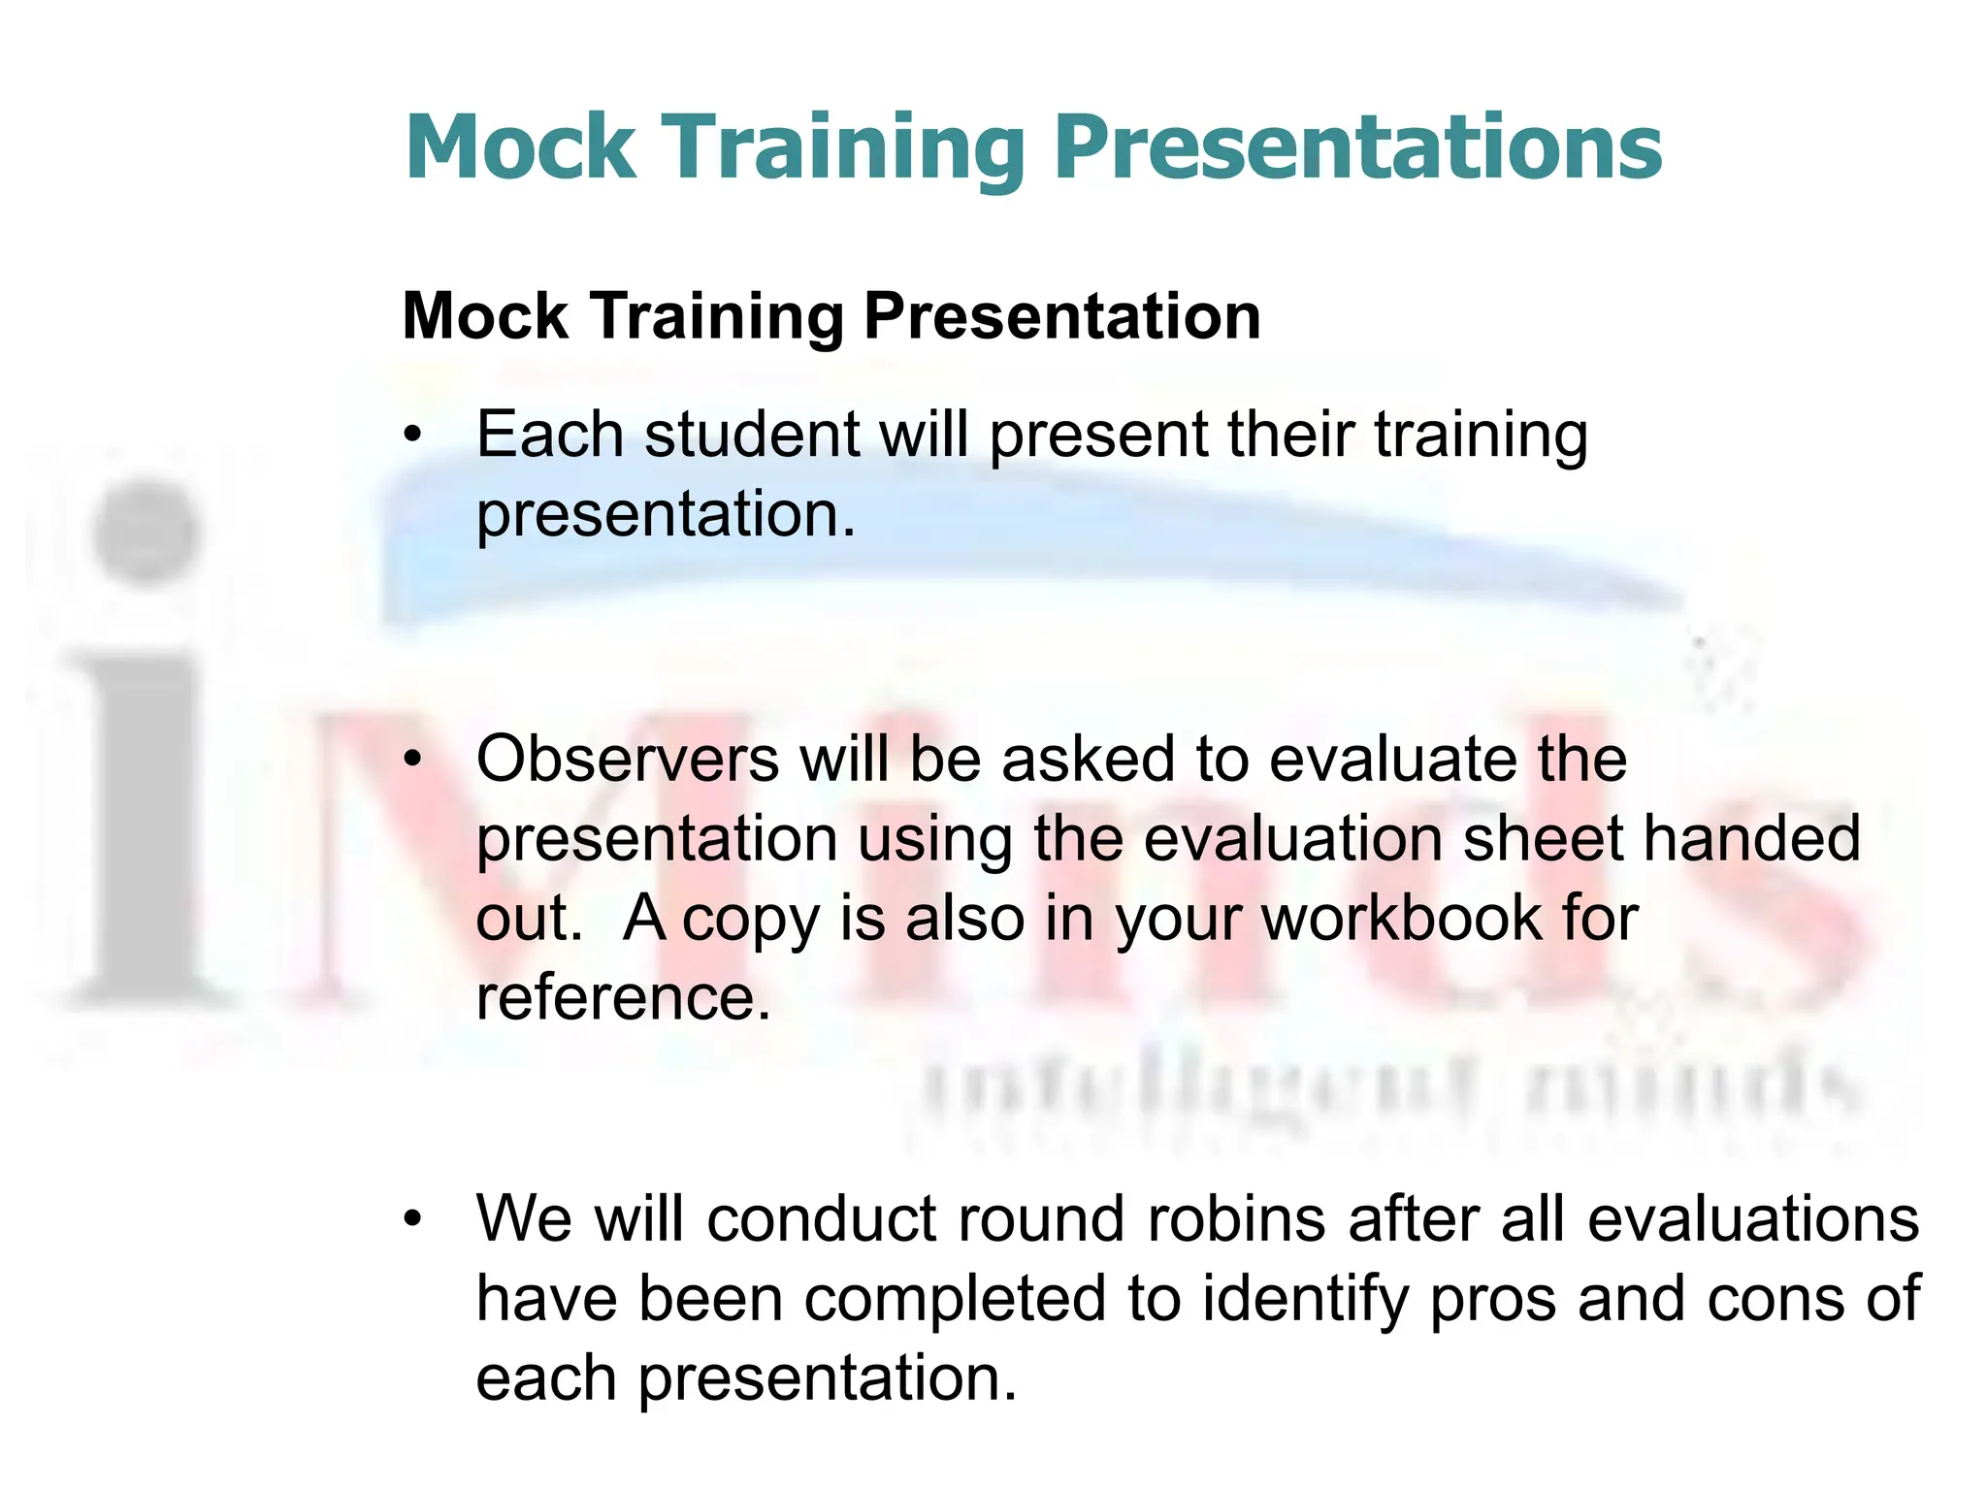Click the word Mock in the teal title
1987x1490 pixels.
521,147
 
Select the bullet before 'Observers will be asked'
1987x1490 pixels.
414,760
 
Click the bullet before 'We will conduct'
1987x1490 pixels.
414,1219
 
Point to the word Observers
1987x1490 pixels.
627,759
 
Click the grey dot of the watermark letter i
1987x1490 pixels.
146,532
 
